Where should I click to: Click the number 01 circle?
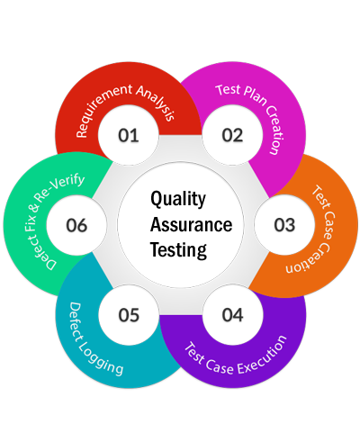click(x=129, y=135)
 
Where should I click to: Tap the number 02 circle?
click(x=232, y=135)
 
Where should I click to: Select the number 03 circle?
click(x=284, y=225)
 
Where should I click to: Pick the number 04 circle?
click(x=232, y=315)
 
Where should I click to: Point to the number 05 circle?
click(x=129, y=315)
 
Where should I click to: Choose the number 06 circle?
click(x=76, y=225)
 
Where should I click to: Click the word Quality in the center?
click(x=178, y=200)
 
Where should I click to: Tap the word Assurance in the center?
click(x=191, y=225)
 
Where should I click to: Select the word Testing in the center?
click(x=178, y=250)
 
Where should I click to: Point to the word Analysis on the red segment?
click(x=157, y=102)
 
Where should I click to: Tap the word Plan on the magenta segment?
click(x=255, y=96)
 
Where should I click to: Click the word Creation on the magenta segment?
click(x=275, y=130)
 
